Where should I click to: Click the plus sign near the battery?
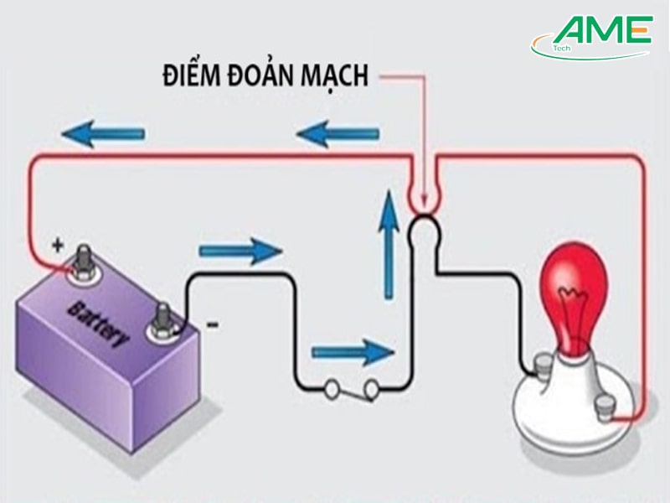[57, 246]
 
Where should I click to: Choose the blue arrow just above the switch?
[352, 350]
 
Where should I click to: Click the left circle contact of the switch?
[332, 388]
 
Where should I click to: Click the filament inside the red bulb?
[575, 298]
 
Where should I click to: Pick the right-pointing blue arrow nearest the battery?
[239, 250]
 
